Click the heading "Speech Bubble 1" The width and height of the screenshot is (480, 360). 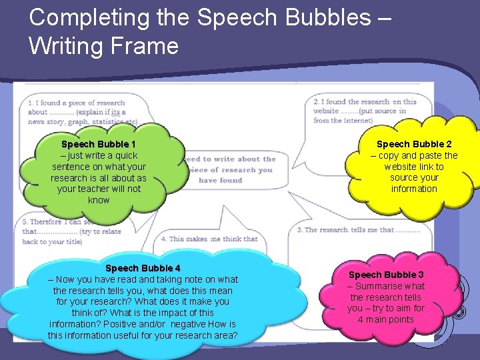[99, 144]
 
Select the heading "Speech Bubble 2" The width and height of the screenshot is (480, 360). [414, 144]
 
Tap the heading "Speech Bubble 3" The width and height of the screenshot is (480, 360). [386, 275]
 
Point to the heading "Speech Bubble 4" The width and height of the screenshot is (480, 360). [143, 268]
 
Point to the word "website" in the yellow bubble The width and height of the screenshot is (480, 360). [401, 167]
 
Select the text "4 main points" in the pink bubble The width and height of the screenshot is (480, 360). [386, 319]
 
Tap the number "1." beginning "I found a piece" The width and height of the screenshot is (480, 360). [32, 103]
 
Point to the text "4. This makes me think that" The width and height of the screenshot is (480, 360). [209, 239]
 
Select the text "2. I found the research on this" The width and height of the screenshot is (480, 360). [365, 102]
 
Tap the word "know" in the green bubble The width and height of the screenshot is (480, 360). [99, 200]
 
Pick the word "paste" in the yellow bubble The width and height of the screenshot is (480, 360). [430, 155]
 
